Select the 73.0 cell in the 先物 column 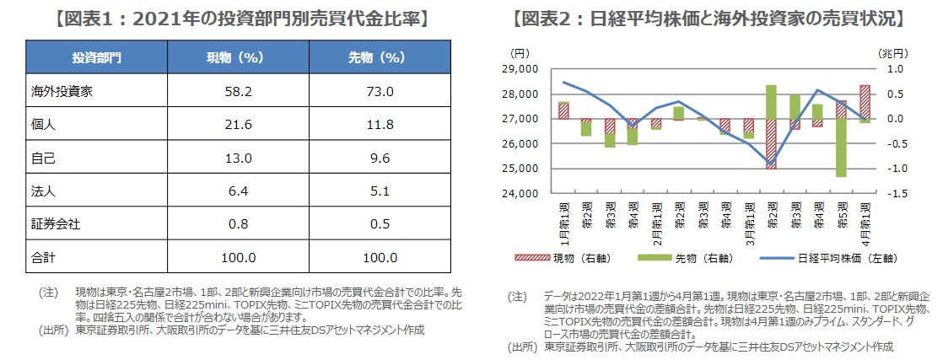pos(377,91)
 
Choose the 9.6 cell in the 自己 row pos(377,158)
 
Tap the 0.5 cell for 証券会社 pos(377,224)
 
